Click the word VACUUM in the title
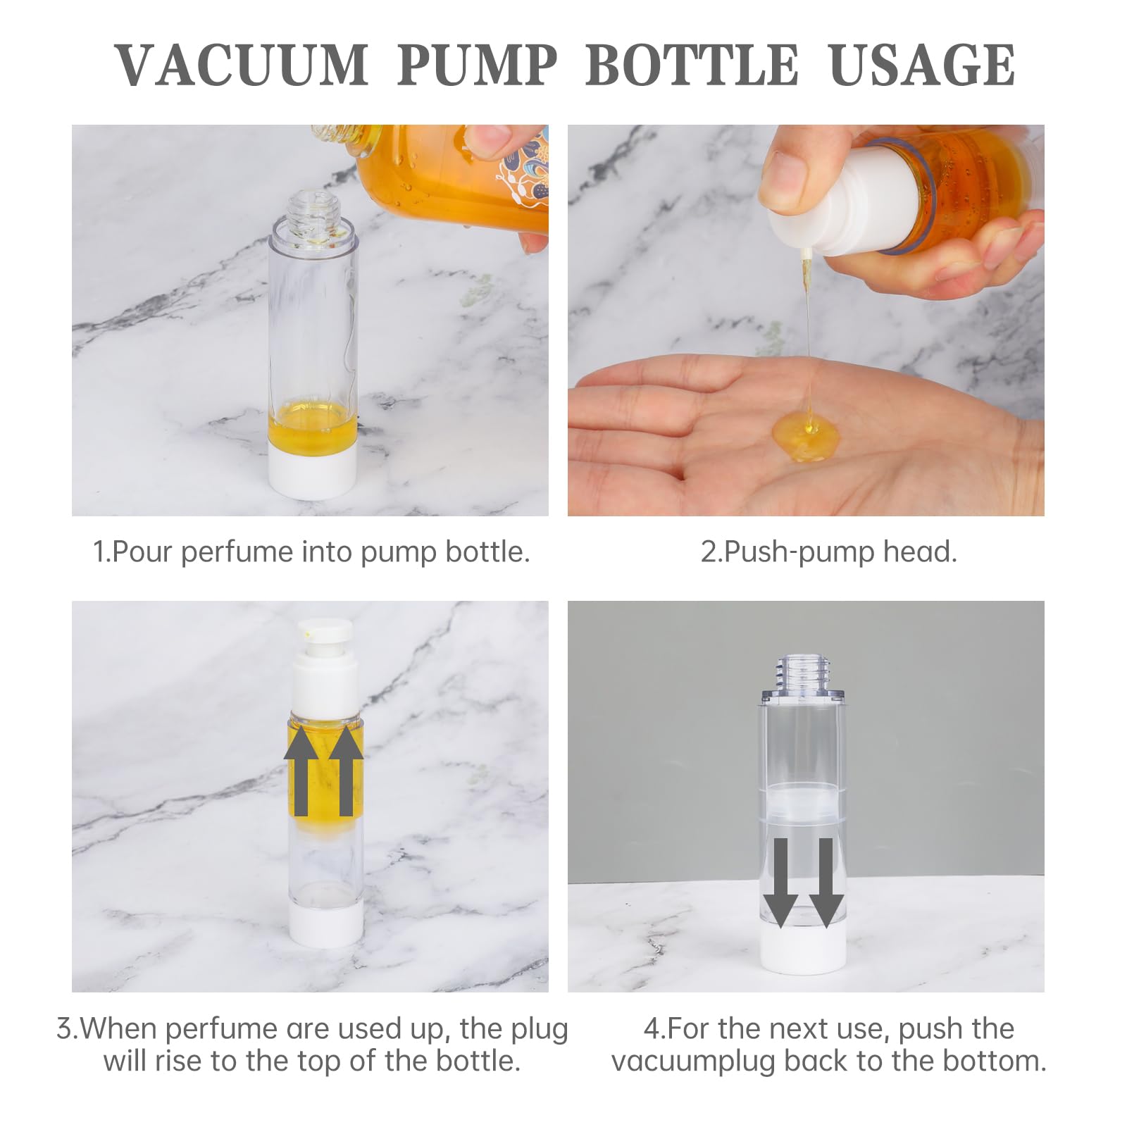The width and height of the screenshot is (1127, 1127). (242, 65)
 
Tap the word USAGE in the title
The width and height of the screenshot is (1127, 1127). (922, 65)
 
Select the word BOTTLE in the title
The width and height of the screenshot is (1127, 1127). (692, 65)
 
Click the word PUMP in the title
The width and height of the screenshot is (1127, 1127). (477, 65)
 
